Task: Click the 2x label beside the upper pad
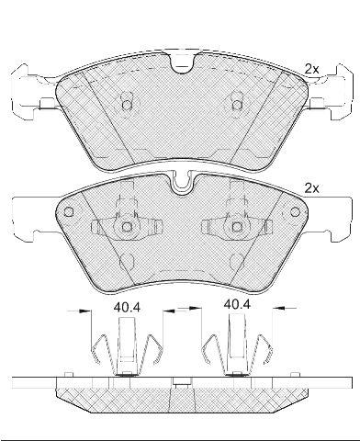click(311, 69)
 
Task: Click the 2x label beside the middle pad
click(311, 188)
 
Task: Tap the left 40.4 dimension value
click(127, 307)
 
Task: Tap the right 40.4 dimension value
click(237, 304)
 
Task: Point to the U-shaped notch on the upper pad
click(182, 63)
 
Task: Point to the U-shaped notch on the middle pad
click(182, 184)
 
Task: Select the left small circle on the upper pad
click(127, 106)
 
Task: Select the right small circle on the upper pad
click(237, 106)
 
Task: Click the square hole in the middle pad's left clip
click(127, 227)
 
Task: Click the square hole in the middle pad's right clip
click(237, 227)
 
